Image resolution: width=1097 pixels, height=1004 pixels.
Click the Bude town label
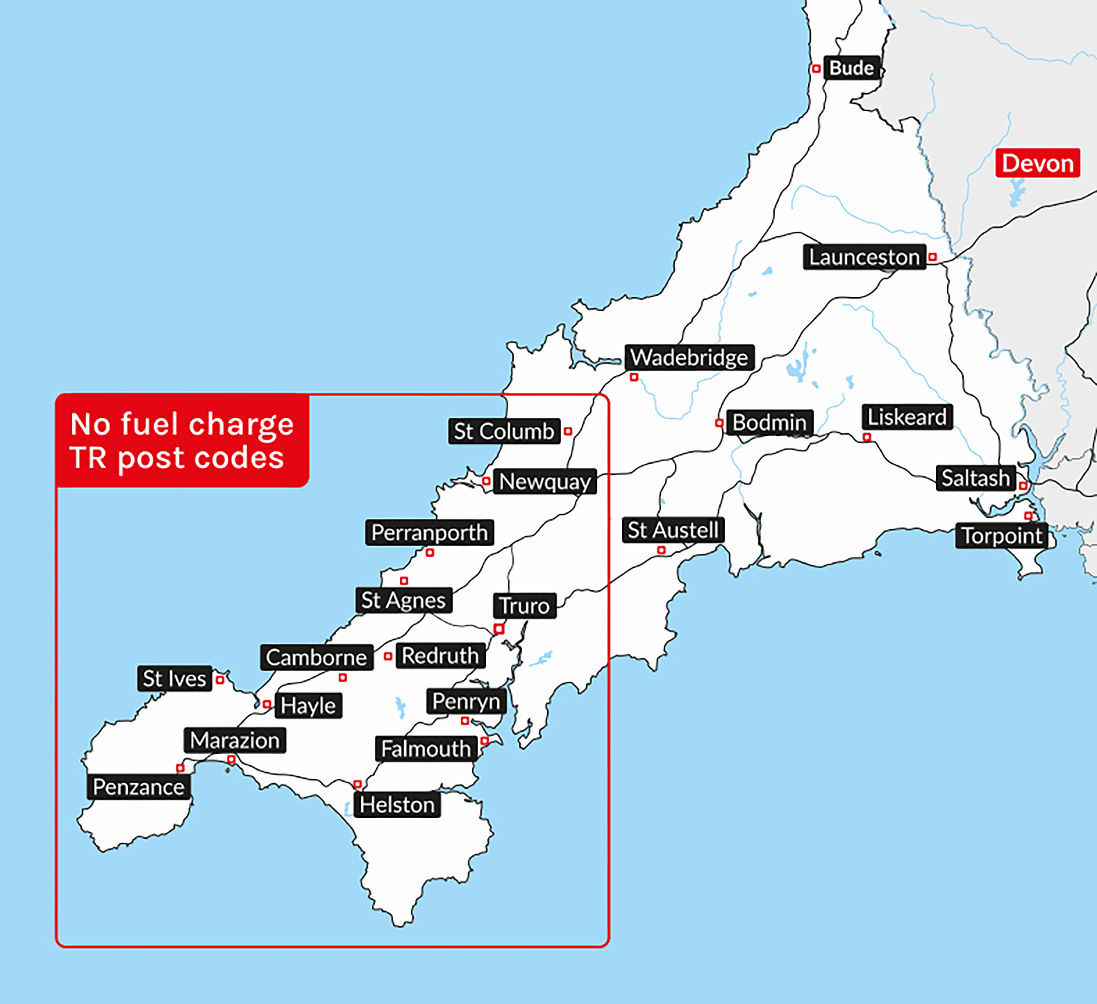coord(852,68)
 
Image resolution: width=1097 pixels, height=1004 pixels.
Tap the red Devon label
coord(1037,163)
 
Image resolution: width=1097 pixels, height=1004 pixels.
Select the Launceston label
coord(864,257)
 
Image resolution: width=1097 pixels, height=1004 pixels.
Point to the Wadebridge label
coord(689,358)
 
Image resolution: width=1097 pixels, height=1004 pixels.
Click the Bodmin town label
coord(769,422)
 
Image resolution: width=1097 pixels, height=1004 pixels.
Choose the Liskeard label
coord(907,417)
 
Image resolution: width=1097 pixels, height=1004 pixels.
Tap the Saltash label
coord(975,478)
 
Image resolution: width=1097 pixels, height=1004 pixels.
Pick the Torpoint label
coord(1001,536)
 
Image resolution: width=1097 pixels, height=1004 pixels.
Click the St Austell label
coord(673,530)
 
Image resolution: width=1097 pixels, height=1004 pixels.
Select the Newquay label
coord(545,481)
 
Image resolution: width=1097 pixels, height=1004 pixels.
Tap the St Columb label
coord(504,431)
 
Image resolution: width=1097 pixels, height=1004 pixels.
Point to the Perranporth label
coord(429,533)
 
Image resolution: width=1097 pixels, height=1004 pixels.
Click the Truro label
coord(524,606)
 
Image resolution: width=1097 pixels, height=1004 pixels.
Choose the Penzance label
coord(139,787)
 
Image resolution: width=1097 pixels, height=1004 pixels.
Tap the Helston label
coord(397,805)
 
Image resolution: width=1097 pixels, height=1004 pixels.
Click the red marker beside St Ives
coord(220,680)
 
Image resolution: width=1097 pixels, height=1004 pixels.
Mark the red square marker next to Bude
coord(817,69)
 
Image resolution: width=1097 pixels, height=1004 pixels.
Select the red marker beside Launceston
coord(932,257)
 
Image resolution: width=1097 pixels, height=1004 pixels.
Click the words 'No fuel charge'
coord(182,424)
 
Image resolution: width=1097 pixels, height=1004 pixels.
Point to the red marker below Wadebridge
coord(634,377)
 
